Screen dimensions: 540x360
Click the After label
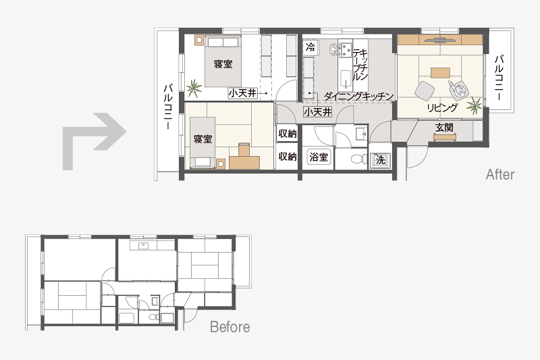coord(500,175)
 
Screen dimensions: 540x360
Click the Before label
coord(230,327)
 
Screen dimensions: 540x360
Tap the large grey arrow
coord(94,141)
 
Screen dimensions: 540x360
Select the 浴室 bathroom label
coord(318,157)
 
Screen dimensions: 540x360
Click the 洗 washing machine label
coord(380,159)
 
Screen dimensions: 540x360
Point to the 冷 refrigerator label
coord(310,47)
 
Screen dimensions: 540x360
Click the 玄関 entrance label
coord(444,128)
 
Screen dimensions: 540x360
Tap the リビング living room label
coord(443,107)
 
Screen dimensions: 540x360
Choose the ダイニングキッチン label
coord(358,96)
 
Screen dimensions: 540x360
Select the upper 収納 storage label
coord(288,133)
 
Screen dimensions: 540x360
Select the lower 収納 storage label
coord(288,157)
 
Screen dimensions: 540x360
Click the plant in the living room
coord(475,105)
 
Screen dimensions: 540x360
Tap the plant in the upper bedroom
coord(194,88)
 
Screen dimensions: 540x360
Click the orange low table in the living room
coord(440,73)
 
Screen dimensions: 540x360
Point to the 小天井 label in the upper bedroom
coord(243,93)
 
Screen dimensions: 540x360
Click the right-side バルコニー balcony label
coord(499,78)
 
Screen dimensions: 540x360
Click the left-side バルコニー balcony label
coord(167,107)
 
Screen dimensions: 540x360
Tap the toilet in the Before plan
coord(152,316)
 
